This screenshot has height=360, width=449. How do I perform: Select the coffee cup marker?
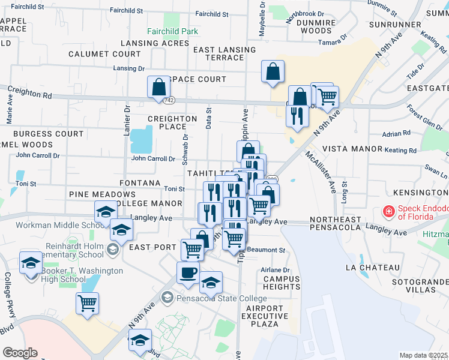188,272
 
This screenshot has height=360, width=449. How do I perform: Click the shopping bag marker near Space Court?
158,86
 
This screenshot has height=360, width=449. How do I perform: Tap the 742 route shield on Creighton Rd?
170,101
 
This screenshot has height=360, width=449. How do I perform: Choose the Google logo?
20,353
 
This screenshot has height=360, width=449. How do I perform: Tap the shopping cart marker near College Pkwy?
88,303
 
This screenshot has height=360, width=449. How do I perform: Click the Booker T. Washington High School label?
82,275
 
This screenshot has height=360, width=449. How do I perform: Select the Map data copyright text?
423,355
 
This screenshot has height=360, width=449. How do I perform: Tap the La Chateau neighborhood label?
373,267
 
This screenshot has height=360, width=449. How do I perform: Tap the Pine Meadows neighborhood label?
102,194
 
